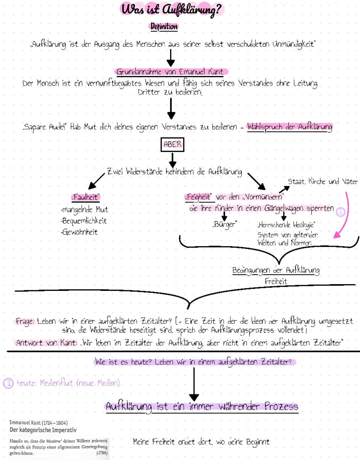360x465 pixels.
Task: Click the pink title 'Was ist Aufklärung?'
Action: pyautogui.click(x=172, y=9)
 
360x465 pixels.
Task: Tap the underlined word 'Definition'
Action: pyautogui.click(x=164, y=26)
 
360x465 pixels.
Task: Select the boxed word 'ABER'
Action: pyautogui.click(x=172, y=144)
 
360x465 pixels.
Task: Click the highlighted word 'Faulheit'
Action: pyautogui.click(x=86, y=197)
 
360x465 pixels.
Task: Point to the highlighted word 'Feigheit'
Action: pyautogui.click(x=198, y=197)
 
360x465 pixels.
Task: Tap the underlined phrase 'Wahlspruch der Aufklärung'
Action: pyautogui.click(x=289, y=127)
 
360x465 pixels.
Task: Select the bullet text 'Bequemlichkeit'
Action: pyautogui.click(x=84, y=221)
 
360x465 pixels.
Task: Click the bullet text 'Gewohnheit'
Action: pyautogui.click(x=80, y=232)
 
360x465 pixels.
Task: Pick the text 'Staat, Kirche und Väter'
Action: pyautogui.click(x=322, y=181)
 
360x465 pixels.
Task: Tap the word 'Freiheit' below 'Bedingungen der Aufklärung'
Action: pyautogui.click(x=276, y=281)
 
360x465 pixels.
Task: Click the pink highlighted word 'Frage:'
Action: pyautogui.click(x=25, y=321)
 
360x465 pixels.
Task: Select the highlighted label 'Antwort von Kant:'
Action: pyautogui.click(x=47, y=343)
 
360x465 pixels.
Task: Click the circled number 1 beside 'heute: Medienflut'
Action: pyautogui.click(x=8, y=383)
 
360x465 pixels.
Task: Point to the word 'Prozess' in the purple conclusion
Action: pyautogui.click(x=281, y=406)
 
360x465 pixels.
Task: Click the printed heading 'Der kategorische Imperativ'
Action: pyautogui.click(x=43, y=430)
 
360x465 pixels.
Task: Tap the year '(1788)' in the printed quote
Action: pyautogui.click(x=102, y=453)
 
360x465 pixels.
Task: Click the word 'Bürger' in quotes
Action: pyautogui.click(x=224, y=224)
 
